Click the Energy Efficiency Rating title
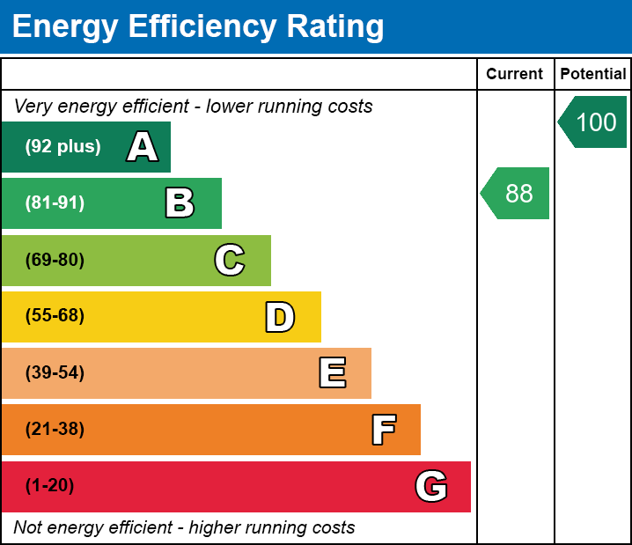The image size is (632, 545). (x=198, y=27)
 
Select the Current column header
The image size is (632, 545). (x=515, y=74)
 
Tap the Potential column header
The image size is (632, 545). (x=593, y=74)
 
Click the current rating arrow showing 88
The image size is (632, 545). (x=516, y=193)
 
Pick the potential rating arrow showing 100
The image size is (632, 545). (x=593, y=122)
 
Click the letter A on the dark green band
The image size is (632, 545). (x=142, y=147)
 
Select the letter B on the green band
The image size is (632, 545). (x=180, y=203)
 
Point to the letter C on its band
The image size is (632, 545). (x=229, y=260)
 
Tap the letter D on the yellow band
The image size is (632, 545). (x=279, y=317)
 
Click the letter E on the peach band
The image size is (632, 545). (x=332, y=373)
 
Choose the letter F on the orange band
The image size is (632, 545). (x=383, y=430)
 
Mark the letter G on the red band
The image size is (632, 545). (x=431, y=486)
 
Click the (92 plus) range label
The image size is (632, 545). (x=62, y=147)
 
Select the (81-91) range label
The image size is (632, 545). (x=55, y=203)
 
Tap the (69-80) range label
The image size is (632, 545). (x=55, y=260)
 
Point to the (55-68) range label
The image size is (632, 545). (x=55, y=316)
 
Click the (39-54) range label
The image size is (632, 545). (x=55, y=373)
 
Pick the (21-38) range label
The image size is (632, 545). (x=55, y=430)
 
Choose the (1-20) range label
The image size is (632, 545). (x=50, y=486)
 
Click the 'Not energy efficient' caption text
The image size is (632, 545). (x=184, y=528)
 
